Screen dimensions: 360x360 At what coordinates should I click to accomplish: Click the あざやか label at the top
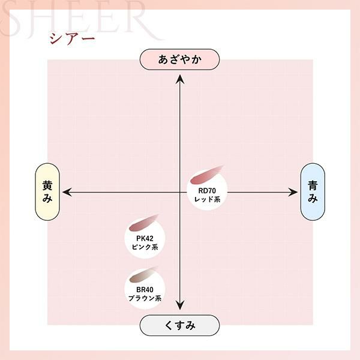(179, 59)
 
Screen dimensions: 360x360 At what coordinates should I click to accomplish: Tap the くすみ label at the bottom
(179, 325)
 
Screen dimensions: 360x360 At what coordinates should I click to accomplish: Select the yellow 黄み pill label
(47, 192)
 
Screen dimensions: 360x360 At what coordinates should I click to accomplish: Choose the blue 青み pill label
(313, 192)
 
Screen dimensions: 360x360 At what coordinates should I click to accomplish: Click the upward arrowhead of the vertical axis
(180, 79)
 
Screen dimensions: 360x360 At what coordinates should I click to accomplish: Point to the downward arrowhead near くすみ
(180, 305)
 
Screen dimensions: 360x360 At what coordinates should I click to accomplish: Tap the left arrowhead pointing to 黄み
(67, 192)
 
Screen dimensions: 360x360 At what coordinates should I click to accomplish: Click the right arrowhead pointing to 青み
(293, 192)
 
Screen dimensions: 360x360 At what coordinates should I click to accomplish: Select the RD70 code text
(207, 191)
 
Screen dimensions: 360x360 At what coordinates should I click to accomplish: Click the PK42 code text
(145, 239)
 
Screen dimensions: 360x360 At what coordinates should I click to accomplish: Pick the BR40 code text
(145, 290)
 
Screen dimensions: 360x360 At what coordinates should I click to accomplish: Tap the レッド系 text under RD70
(207, 199)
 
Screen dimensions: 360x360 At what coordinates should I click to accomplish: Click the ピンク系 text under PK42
(145, 247)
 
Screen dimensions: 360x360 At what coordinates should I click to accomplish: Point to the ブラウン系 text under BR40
(145, 298)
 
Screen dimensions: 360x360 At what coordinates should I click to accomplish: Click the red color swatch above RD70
(205, 175)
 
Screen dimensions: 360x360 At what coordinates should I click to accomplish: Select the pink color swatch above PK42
(143, 223)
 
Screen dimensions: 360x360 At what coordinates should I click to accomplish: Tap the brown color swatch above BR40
(143, 274)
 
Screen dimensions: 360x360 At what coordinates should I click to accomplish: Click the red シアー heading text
(72, 38)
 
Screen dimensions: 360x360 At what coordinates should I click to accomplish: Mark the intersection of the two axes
(180, 192)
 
